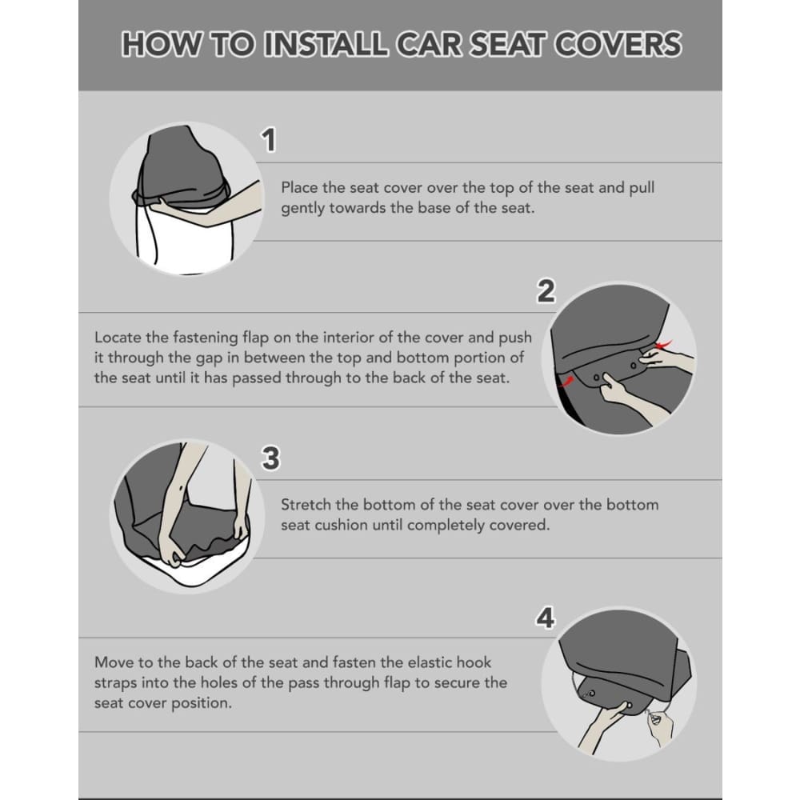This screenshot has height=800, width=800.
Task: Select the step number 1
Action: tap(270, 140)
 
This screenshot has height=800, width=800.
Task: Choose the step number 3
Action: tap(271, 458)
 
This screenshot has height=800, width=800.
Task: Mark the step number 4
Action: tap(545, 618)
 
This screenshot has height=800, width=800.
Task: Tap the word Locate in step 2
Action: tap(118, 338)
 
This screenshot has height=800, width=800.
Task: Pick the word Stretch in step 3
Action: tap(307, 505)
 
